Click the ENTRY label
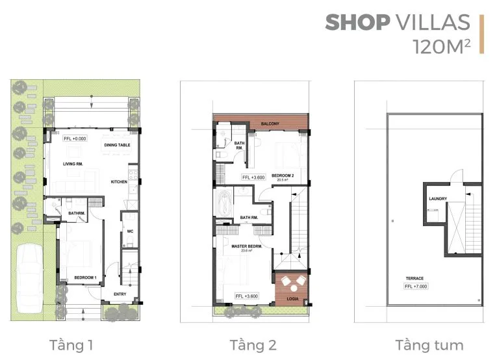click(120, 294)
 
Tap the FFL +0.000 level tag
click(75, 138)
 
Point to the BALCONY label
click(270, 123)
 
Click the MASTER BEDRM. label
click(246, 246)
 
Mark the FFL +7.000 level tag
click(416, 285)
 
